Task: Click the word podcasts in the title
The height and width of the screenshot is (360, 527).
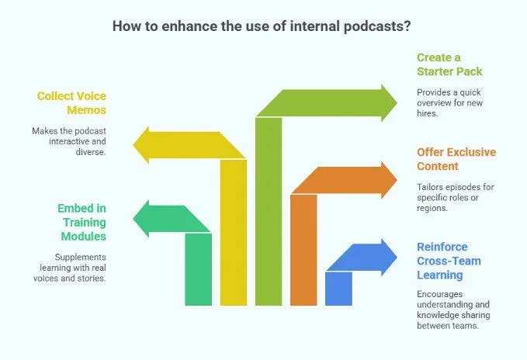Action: click(x=375, y=26)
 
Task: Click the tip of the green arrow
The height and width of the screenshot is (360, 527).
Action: click(x=394, y=103)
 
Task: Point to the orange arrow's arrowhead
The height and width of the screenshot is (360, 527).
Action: click(x=394, y=179)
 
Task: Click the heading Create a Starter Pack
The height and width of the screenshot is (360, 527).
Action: click(x=449, y=64)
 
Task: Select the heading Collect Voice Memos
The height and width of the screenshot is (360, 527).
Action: click(x=72, y=104)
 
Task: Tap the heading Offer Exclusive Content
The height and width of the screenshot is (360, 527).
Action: click(x=456, y=159)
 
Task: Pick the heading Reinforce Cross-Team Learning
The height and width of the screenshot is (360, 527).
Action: click(x=449, y=261)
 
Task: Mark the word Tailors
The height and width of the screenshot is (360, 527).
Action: click(x=431, y=187)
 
